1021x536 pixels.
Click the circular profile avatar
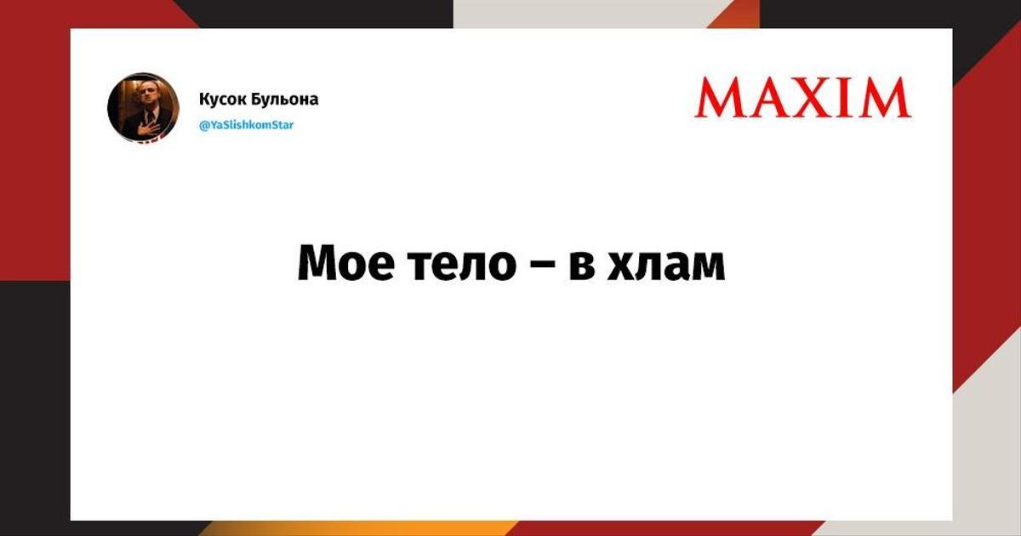(143, 108)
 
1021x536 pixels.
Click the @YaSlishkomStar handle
(247, 125)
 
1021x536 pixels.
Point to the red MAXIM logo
(803, 98)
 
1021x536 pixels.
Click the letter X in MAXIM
(814, 98)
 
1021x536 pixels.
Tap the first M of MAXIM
(720, 98)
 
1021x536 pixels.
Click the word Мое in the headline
(346, 264)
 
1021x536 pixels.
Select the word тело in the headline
(463, 265)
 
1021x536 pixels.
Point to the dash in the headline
(543, 266)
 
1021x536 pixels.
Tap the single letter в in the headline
(582, 265)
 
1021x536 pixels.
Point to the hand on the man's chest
(149, 117)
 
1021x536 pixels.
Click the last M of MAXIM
(885, 98)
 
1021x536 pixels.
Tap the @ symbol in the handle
(203, 125)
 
